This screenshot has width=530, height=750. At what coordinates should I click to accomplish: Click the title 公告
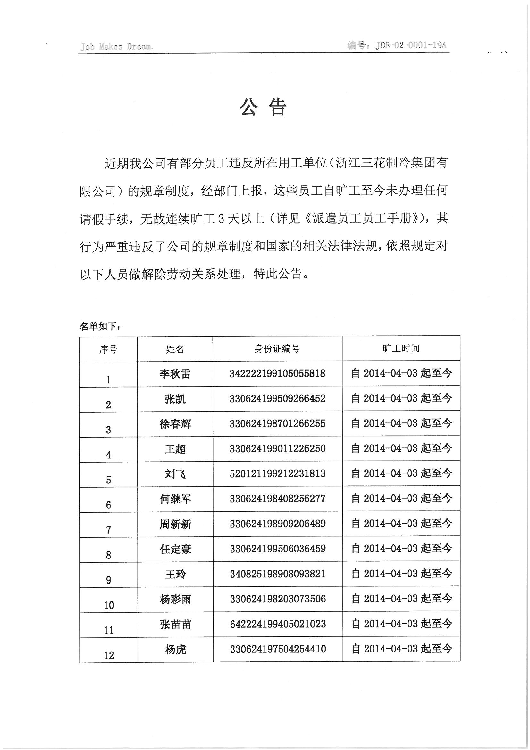point(263,107)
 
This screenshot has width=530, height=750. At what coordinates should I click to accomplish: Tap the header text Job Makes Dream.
point(116,47)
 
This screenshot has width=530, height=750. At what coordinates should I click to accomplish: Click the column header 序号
point(108,350)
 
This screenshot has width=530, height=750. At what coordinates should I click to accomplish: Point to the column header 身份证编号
point(277,349)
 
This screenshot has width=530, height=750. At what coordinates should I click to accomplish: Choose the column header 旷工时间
point(401,348)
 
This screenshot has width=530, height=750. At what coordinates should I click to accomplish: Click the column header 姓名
point(175,349)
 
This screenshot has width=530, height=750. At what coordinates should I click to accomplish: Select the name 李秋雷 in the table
point(175,374)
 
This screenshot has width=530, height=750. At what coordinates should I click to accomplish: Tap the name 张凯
point(175,399)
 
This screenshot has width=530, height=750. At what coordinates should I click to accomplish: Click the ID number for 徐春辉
point(277,424)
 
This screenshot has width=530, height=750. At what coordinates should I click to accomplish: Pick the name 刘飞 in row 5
point(175,474)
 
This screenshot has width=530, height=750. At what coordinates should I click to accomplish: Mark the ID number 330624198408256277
point(278,499)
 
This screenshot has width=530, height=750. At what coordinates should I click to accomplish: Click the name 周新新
point(175,524)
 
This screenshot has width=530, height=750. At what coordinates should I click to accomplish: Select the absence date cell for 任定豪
point(401,549)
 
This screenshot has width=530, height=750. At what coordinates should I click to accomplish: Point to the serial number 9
point(108,580)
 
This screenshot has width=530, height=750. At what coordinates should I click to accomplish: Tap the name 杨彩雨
point(175,599)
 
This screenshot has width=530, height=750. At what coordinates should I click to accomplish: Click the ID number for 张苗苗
point(278,624)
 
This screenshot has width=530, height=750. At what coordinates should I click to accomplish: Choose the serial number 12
point(109,655)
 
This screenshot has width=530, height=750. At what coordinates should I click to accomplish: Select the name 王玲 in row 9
point(175,574)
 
